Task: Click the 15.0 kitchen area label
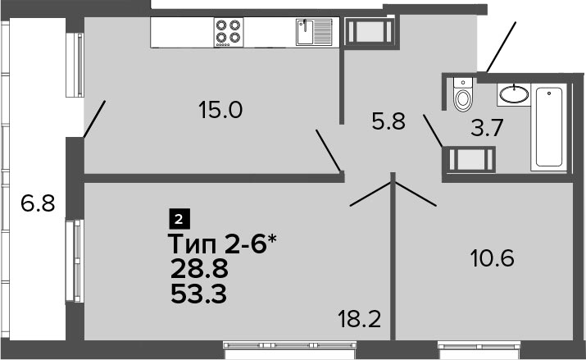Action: click(x=220, y=110)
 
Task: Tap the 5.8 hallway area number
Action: click(x=388, y=121)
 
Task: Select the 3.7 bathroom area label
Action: click(x=487, y=128)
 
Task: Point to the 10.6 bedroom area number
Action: click(x=493, y=258)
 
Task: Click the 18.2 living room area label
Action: click(x=359, y=320)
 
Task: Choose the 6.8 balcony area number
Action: click(x=38, y=203)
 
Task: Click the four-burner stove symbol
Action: click(x=229, y=32)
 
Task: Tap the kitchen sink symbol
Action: click(x=314, y=32)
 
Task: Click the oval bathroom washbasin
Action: click(x=514, y=94)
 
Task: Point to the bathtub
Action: click(x=548, y=127)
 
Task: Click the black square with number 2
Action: click(x=179, y=219)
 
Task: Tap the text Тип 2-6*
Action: click(x=222, y=244)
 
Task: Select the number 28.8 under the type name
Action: click(x=199, y=269)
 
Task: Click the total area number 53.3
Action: click(x=198, y=294)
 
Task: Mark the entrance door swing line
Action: click(x=501, y=47)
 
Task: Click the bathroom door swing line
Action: click(x=433, y=131)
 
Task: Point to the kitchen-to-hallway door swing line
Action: click(x=328, y=151)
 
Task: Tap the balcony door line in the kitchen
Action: click(x=94, y=119)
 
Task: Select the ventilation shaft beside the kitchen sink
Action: click(x=369, y=32)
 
